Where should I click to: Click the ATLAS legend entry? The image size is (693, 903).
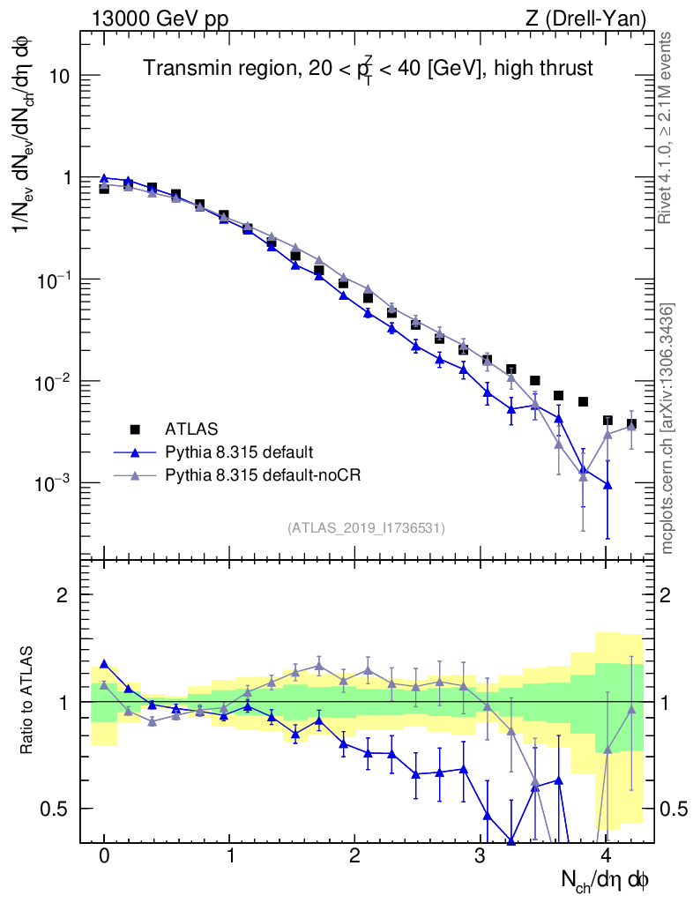click(187, 429)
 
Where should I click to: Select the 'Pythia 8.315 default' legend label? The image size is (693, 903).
click(238, 452)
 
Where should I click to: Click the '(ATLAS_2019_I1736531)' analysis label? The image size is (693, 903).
click(366, 528)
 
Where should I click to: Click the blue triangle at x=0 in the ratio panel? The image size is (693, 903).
click(104, 664)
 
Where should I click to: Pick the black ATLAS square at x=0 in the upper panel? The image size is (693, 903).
click(104, 188)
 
